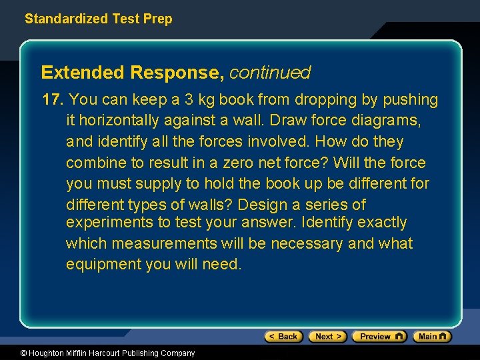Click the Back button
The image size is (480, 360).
tap(283, 337)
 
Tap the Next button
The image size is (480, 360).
tap(327, 337)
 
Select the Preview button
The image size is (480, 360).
tap(379, 337)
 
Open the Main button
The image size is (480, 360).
tap(431, 337)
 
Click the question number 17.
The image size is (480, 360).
tap(51, 100)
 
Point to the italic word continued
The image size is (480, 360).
tap(269, 72)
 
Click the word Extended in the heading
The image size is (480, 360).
tap(82, 72)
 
